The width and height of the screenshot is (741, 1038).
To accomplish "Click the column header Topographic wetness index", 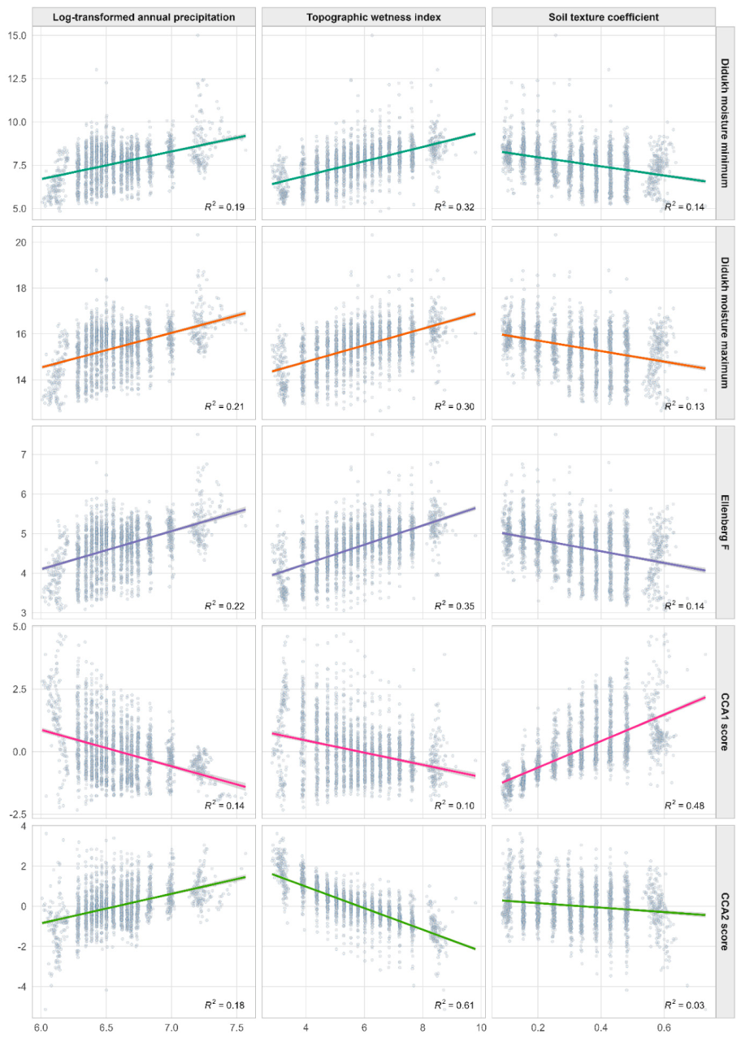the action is pyautogui.click(x=373, y=17).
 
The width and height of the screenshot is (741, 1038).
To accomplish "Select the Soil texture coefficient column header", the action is pyautogui.click(x=604, y=17).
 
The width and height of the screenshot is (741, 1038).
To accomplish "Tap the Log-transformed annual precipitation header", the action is pyautogui.click(x=144, y=17).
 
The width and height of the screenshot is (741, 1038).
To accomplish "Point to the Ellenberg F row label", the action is pyautogui.click(x=725, y=522).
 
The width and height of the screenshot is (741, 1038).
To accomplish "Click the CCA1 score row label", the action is pyautogui.click(x=725, y=722).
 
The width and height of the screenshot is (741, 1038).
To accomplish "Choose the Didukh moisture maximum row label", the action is pyautogui.click(x=725, y=323).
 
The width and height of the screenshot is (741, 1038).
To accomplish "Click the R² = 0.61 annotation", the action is pyautogui.click(x=454, y=1005).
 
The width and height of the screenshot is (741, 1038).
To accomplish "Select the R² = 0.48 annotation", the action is pyautogui.click(x=684, y=805).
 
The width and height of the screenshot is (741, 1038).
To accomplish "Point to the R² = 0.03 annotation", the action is pyautogui.click(x=684, y=1005).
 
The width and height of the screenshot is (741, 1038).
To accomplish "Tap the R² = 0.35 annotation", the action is pyautogui.click(x=454, y=606).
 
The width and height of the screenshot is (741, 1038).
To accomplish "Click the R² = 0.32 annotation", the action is pyautogui.click(x=454, y=206).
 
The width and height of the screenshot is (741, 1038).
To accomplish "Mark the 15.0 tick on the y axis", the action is pyautogui.click(x=17, y=36).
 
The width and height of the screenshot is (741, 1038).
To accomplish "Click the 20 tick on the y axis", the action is pyautogui.click(x=21, y=242).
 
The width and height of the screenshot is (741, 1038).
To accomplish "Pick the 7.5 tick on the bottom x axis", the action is pyautogui.click(x=236, y=1027).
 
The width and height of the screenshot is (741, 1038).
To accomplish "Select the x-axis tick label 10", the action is pyautogui.click(x=481, y=1027).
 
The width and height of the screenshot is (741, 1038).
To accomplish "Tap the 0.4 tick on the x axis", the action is pyautogui.click(x=601, y=1027).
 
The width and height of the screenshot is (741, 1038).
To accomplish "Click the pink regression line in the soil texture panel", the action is pyautogui.click(x=604, y=740).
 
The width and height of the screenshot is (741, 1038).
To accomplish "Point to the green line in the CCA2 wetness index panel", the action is pyautogui.click(x=373, y=911).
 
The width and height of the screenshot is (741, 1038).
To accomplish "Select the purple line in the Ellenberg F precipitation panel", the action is pyautogui.click(x=144, y=539).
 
